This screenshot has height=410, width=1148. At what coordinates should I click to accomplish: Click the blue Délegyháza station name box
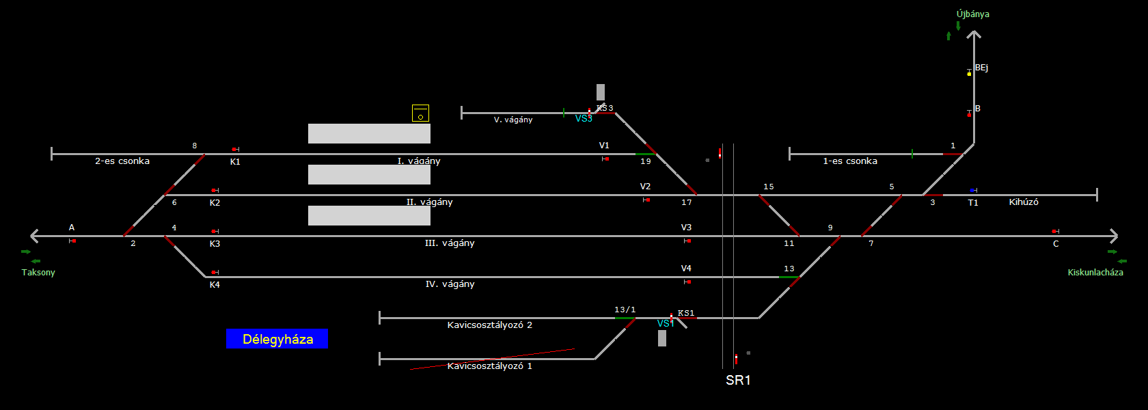(277, 339)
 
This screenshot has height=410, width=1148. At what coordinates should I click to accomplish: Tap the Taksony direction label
(38, 272)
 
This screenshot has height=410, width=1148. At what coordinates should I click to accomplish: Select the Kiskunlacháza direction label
(1095, 272)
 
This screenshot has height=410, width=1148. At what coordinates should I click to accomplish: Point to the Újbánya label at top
(972, 14)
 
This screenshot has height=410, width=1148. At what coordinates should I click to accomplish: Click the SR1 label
(738, 381)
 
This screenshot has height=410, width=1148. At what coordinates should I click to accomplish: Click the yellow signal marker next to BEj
(969, 73)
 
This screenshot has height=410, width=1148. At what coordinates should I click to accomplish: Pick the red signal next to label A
(73, 241)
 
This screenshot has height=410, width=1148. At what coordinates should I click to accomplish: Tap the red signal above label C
(1054, 232)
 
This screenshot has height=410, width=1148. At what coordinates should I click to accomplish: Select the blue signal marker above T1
(972, 190)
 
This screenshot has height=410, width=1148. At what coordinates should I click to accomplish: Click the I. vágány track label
(419, 161)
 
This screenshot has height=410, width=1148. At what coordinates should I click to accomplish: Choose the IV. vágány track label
(450, 284)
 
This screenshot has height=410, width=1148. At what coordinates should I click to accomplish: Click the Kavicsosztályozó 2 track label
(489, 325)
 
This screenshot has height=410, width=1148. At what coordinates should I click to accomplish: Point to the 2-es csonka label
(122, 161)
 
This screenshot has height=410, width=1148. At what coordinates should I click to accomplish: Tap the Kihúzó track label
(1024, 202)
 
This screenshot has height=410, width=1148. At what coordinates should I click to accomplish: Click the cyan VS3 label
(584, 119)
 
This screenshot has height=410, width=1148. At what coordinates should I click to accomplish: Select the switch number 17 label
(687, 202)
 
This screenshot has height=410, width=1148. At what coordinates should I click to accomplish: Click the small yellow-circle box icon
(420, 113)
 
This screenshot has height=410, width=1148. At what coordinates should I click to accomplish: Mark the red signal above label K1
(234, 149)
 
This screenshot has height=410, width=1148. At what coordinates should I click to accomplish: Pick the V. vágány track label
(513, 120)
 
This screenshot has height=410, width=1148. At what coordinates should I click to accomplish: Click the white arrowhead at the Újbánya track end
(974, 34)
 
